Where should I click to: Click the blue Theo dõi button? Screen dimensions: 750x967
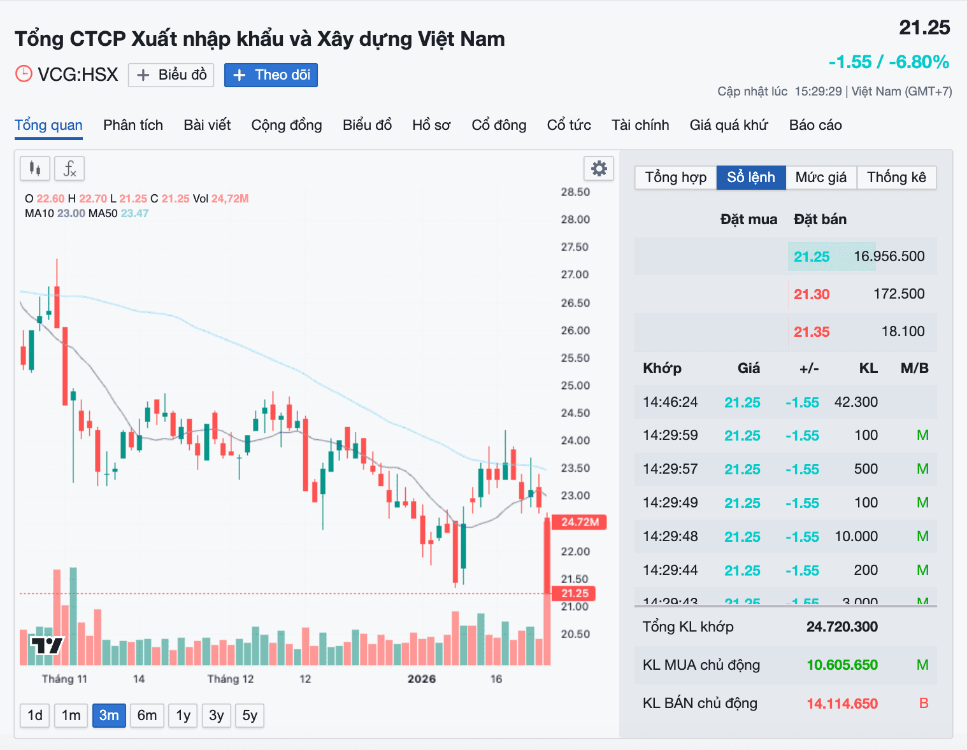(271, 75)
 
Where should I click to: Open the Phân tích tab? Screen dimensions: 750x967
(133, 125)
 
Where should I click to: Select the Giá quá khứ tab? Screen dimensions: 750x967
(729, 125)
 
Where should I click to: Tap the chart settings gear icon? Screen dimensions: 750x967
(599, 169)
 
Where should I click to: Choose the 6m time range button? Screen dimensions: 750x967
(147, 715)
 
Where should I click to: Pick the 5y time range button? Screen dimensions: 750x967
(250, 715)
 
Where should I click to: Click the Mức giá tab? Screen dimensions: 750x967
(821, 177)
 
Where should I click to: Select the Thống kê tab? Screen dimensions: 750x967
(896, 177)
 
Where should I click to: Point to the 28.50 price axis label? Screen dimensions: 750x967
(575, 192)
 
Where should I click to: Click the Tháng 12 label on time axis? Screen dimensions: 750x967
(231, 679)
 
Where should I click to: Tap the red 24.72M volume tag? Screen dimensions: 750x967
(580, 522)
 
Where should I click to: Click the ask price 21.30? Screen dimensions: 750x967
(812, 294)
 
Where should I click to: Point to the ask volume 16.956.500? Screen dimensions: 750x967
(889, 257)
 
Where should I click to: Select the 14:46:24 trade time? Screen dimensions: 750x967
(670, 402)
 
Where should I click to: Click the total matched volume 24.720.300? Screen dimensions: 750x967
(842, 626)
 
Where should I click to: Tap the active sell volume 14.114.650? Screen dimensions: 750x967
(842, 704)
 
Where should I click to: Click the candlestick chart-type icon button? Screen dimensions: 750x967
(35, 169)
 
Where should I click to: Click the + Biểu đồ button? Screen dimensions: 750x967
(171, 75)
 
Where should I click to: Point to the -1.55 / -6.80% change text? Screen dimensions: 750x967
(889, 62)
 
